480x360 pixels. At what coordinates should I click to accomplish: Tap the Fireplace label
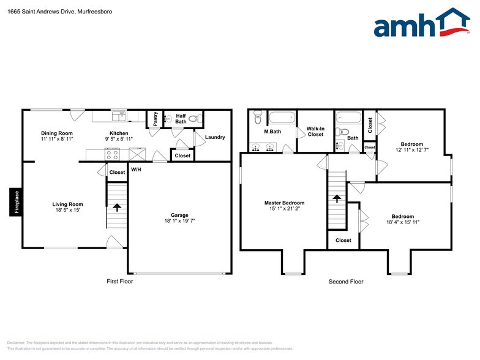(x=17, y=203)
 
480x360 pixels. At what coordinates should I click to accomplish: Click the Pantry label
(x=156, y=119)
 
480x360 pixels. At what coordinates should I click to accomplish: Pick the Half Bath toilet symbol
(x=194, y=119)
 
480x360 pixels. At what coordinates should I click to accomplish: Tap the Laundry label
(x=215, y=137)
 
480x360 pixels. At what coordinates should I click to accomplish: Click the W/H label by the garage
(x=136, y=170)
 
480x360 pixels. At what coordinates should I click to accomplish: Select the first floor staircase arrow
(x=116, y=208)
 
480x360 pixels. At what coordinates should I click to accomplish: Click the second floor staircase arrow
(x=336, y=198)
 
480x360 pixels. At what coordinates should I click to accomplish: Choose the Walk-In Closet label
(x=315, y=132)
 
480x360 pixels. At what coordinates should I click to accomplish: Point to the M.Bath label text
(x=272, y=132)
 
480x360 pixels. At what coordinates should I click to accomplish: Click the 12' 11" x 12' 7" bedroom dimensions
(x=408, y=149)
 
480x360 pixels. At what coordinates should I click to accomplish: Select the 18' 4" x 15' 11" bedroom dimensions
(x=403, y=222)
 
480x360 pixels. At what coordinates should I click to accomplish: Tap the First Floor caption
(x=119, y=282)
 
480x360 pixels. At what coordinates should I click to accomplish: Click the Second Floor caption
(x=346, y=282)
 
